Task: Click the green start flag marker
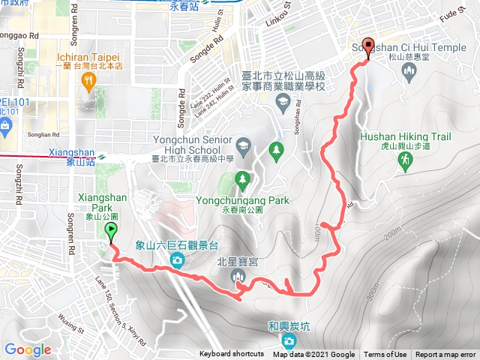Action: (x=111, y=232)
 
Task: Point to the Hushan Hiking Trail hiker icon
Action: (x=405, y=160)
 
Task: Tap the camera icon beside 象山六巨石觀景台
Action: (x=178, y=260)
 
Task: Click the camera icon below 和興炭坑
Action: (x=289, y=342)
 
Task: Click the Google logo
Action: (x=28, y=349)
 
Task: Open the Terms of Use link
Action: (x=385, y=355)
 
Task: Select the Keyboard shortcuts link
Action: (x=232, y=355)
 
